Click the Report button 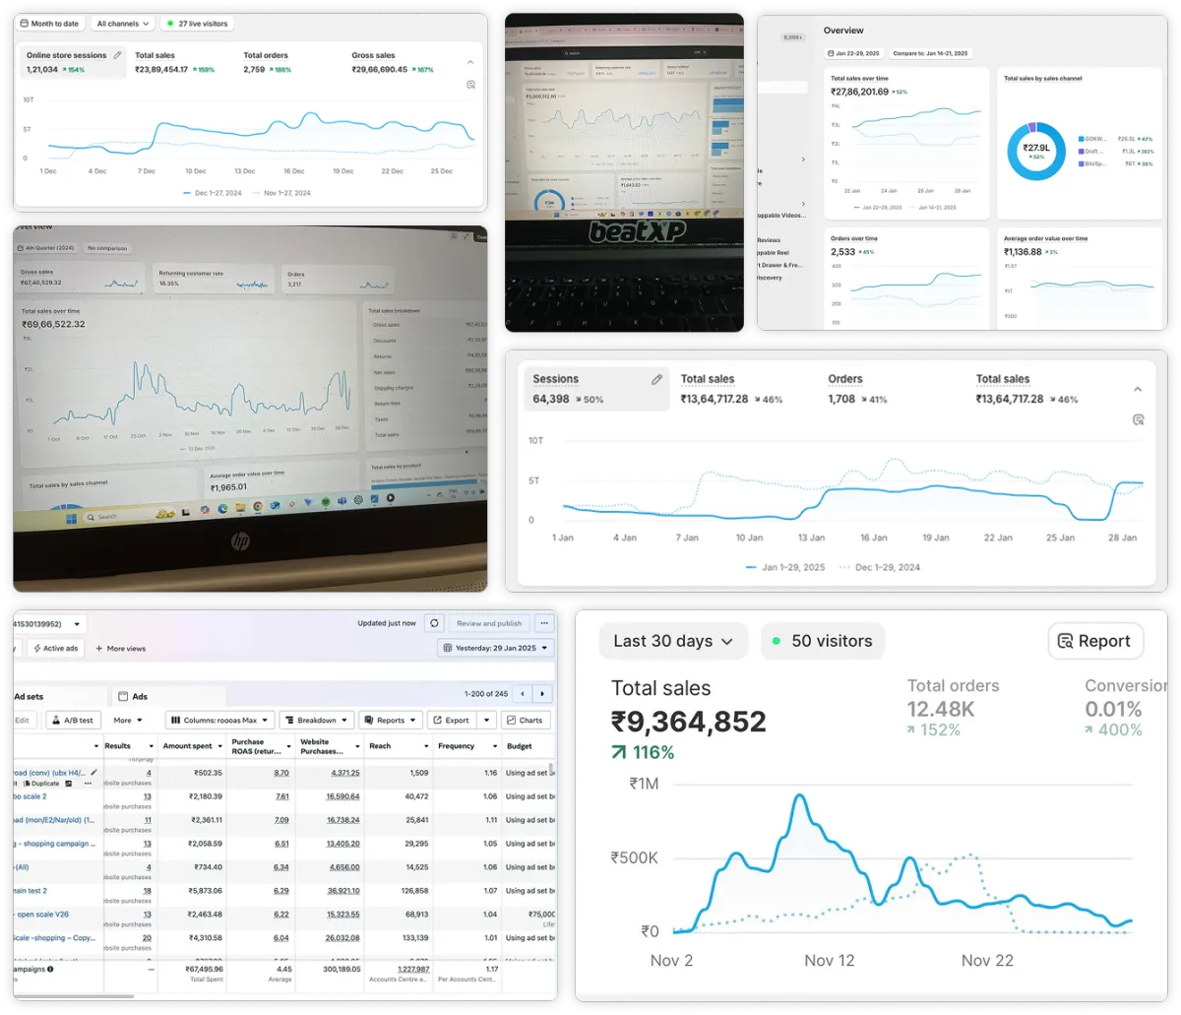[1094, 641]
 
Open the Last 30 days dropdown [673, 641]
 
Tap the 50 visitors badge [822, 641]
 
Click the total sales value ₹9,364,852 [688, 722]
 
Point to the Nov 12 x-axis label [829, 960]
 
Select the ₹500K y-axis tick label [633, 857]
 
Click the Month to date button [51, 23]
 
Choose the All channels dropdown [123, 23]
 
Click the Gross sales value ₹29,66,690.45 [379, 70]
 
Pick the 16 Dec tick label [293, 171]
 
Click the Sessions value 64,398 [552, 399]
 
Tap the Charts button [525, 720]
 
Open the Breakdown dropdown [316, 720]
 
